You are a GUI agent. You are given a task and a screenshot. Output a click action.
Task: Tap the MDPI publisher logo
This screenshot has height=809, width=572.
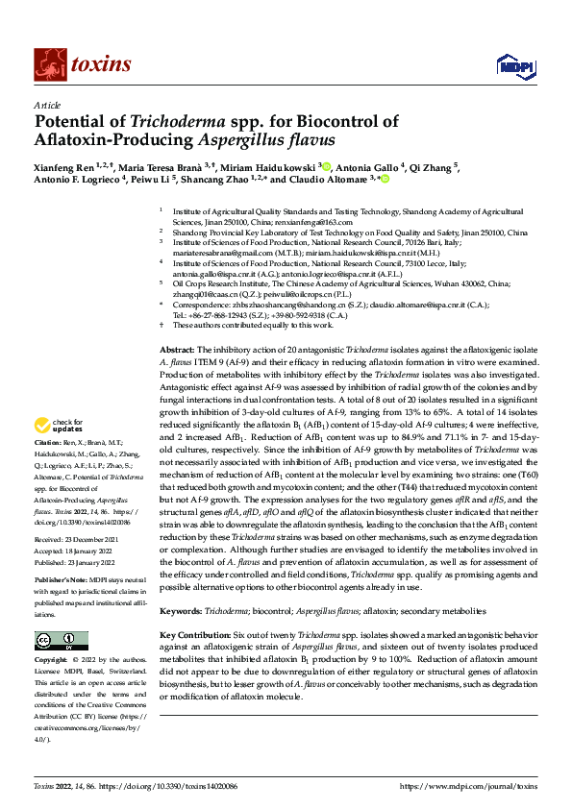tap(510, 65)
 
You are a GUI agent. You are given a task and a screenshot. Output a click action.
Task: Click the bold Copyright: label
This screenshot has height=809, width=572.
tap(54, 661)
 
